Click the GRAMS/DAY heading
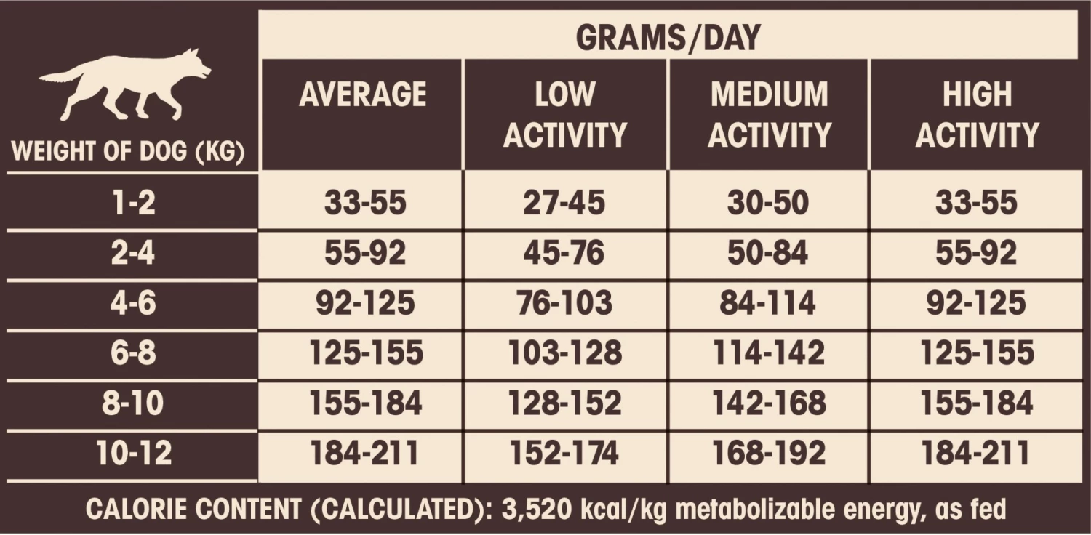(x=668, y=37)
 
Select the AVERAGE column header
(x=362, y=95)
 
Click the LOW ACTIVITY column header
(x=564, y=115)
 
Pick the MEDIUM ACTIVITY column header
(x=770, y=115)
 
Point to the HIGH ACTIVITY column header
(x=977, y=115)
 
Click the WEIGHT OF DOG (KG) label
(x=129, y=153)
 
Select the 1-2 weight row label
(x=132, y=204)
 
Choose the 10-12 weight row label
(x=134, y=454)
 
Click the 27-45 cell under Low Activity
(x=564, y=204)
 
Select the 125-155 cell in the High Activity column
(x=977, y=353)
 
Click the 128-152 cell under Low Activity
(x=564, y=403)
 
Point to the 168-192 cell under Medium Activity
(x=769, y=454)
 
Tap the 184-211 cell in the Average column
(x=365, y=454)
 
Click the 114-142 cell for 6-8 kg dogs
(x=769, y=353)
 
